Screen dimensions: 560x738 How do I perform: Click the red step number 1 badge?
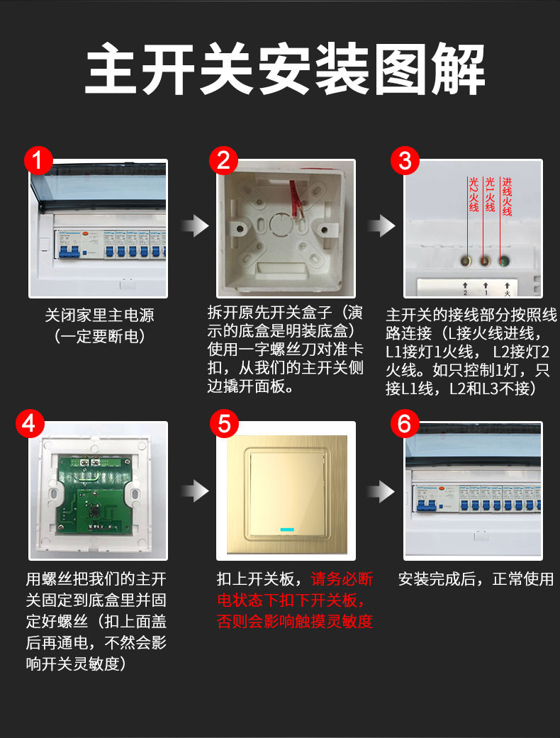tap(38, 160)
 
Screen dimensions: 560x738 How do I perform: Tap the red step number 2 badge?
tap(223, 160)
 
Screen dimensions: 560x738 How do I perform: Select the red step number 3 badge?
tap(405, 160)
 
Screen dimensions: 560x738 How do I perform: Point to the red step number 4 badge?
tap(30, 423)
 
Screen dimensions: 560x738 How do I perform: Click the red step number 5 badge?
tap(224, 423)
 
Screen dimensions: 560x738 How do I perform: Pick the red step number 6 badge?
tap(405, 423)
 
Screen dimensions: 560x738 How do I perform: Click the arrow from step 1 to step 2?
tap(195, 226)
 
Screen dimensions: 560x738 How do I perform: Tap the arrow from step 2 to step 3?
tap(381, 226)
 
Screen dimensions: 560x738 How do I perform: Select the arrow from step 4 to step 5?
tap(195, 491)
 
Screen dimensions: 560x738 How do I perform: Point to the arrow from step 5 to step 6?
tap(381, 491)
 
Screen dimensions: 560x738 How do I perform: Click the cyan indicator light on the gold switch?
tap(287, 530)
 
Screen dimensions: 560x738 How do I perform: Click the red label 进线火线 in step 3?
tap(507, 197)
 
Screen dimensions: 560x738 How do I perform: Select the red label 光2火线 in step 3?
tap(474, 194)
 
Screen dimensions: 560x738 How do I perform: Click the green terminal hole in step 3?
tap(505, 260)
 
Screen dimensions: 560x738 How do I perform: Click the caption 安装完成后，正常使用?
tap(476, 579)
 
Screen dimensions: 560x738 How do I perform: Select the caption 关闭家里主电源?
tap(99, 315)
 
